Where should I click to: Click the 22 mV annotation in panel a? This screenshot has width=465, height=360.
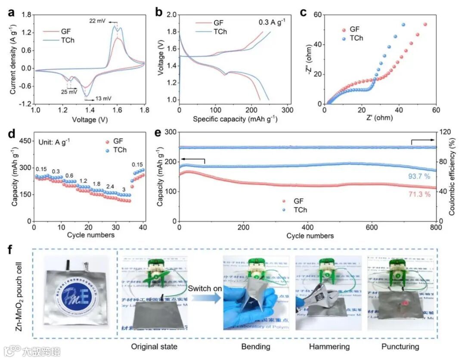(x=97, y=20)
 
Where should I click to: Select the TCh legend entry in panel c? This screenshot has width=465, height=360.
(x=356, y=38)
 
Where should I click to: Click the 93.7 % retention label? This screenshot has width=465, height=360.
(x=419, y=177)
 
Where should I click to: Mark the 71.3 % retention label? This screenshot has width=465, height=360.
(x=419, y=194)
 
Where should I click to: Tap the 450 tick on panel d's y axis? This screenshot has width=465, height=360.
(x=24, y=141)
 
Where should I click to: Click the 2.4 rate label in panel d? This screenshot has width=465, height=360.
(x=110, y=187)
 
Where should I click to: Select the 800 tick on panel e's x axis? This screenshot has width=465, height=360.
(x=436, y=228)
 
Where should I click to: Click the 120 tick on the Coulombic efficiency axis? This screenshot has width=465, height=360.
(x=445, y=132)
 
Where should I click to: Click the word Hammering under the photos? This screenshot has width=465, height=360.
(x=328, y=346)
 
